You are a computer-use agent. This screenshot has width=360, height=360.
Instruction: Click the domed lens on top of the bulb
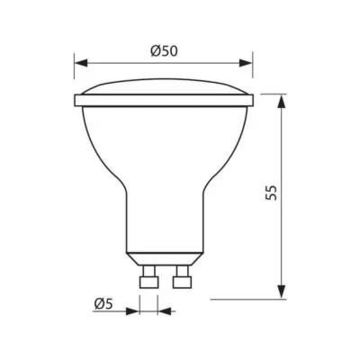(163, 91)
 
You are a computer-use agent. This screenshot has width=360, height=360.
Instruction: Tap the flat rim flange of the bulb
(163, 100)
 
